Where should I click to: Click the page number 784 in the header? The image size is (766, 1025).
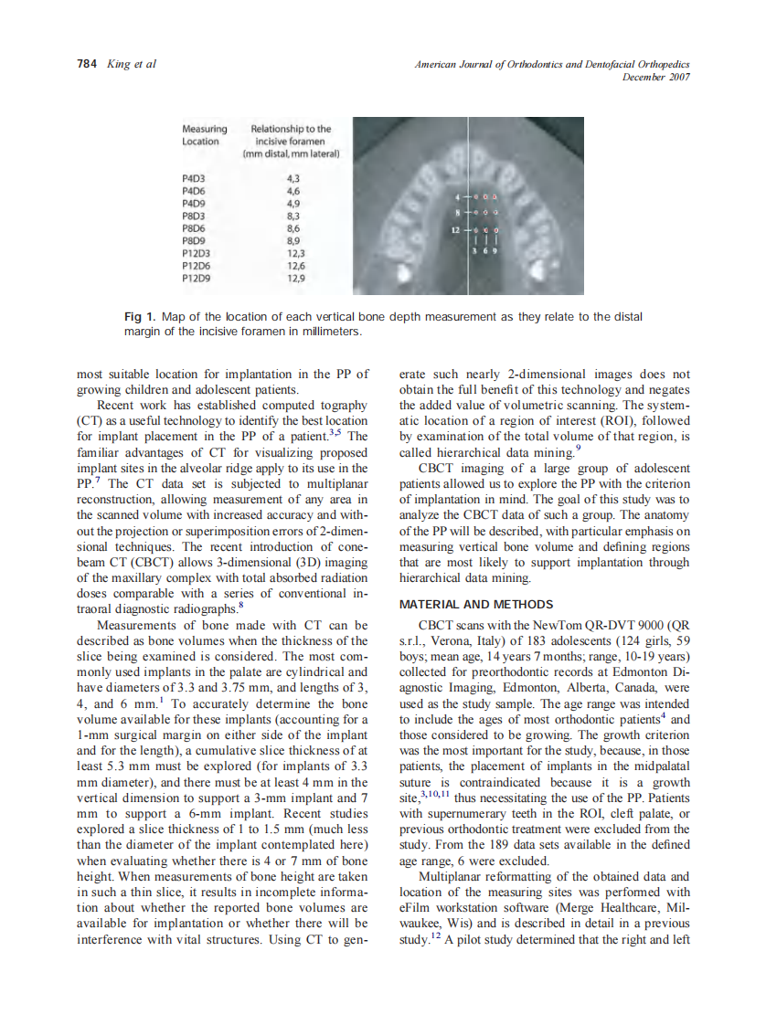coord(85,64)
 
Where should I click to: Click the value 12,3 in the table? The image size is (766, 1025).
coord(294,252)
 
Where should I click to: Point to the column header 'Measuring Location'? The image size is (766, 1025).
coord(204,135)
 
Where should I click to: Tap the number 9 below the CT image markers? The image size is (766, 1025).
coord(495,249)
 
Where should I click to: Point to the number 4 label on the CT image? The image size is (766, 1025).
coord(456,196)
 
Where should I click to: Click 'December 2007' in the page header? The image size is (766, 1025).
coord(655,77)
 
